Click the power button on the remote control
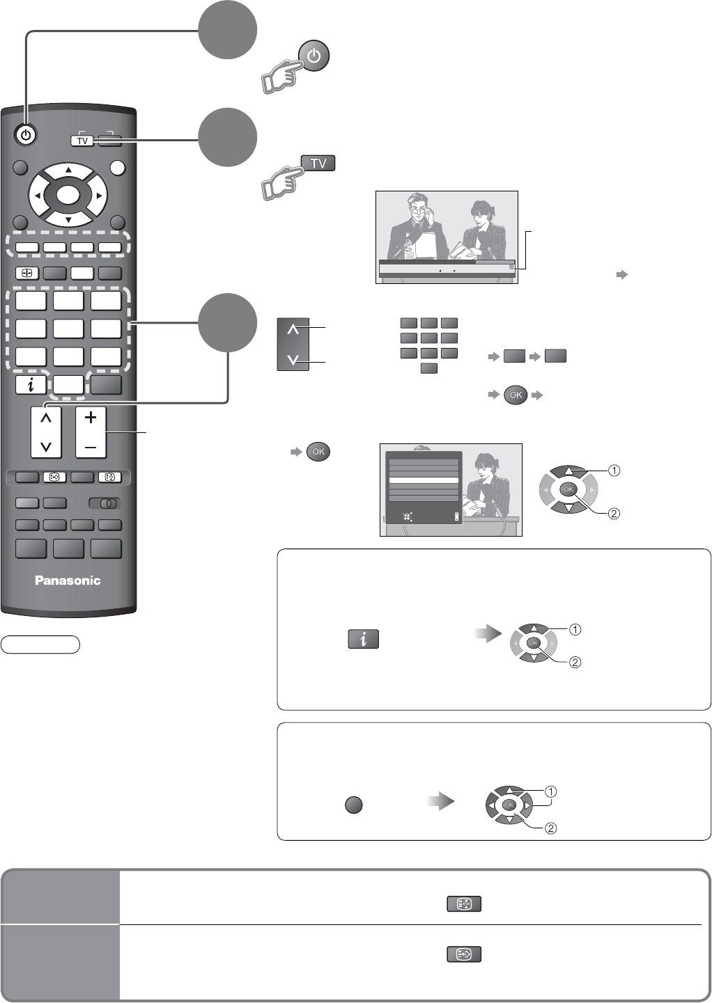coord(26,135)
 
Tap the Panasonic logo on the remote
coord(68,581)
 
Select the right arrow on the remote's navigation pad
coord(99,196)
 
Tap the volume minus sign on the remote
coord(91,446)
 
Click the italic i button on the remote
coord(31,385)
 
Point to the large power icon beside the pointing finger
coord(314,56)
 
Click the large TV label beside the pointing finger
coord(318,164)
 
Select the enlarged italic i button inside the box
coord(363,639)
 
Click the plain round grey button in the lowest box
coord(354,805)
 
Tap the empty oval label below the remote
coord(40,645)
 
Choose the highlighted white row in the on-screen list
coord(424,480)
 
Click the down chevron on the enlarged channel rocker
coord(293,360)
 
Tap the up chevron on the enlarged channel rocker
coord(293,329)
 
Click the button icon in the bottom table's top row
coord(464,904)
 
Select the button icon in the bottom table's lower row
coord(464,954)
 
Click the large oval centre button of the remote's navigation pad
coord(68,196)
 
